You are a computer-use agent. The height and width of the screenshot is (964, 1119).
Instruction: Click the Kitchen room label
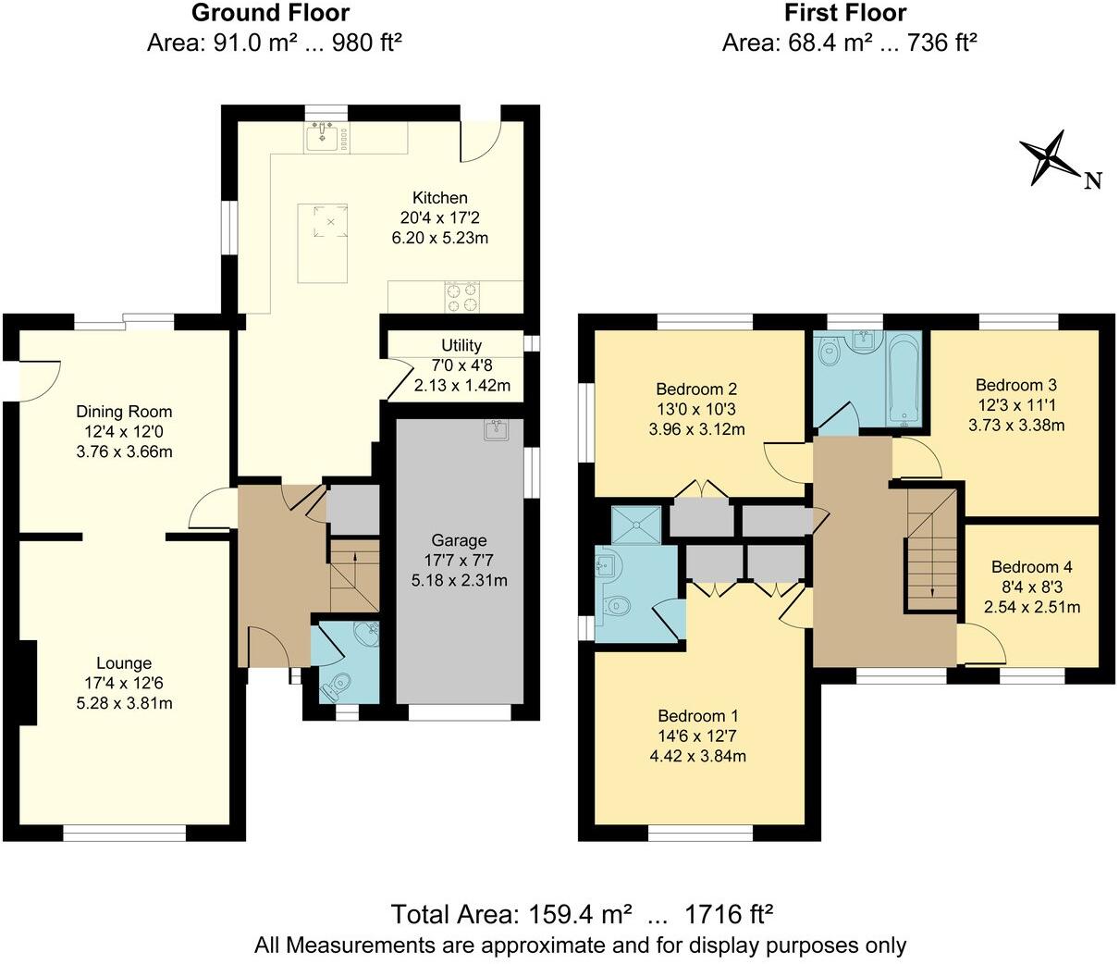pos(439,197)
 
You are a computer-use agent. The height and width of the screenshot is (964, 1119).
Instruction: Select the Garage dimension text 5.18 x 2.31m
pos(459,581)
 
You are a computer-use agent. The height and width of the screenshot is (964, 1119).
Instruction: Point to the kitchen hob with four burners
pos(462,297)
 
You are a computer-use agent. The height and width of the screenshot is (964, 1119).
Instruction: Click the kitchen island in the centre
pos(323,243)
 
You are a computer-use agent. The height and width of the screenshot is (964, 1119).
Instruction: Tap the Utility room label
pos(461,345)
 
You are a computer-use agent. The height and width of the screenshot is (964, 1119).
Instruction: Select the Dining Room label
pos(124,412)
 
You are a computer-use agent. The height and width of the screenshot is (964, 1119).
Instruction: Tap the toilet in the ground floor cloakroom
pos(334,686)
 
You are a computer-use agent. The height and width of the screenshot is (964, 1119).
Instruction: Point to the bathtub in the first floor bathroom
pos(903,380)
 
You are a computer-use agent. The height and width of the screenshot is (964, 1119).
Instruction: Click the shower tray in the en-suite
pos(637,525)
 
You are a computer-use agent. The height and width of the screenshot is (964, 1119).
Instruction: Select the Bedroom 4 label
pos(1031,567)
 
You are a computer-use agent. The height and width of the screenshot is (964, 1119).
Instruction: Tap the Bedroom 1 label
pos(698,715)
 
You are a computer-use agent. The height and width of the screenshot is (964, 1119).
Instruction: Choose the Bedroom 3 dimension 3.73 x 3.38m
pos(1016,426)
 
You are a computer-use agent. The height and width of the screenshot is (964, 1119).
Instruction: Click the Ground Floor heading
pos(271,13)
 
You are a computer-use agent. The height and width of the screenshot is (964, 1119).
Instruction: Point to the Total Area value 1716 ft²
pos(728,915)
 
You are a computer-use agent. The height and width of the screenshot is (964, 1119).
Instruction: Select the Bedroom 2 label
pos(696,389)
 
